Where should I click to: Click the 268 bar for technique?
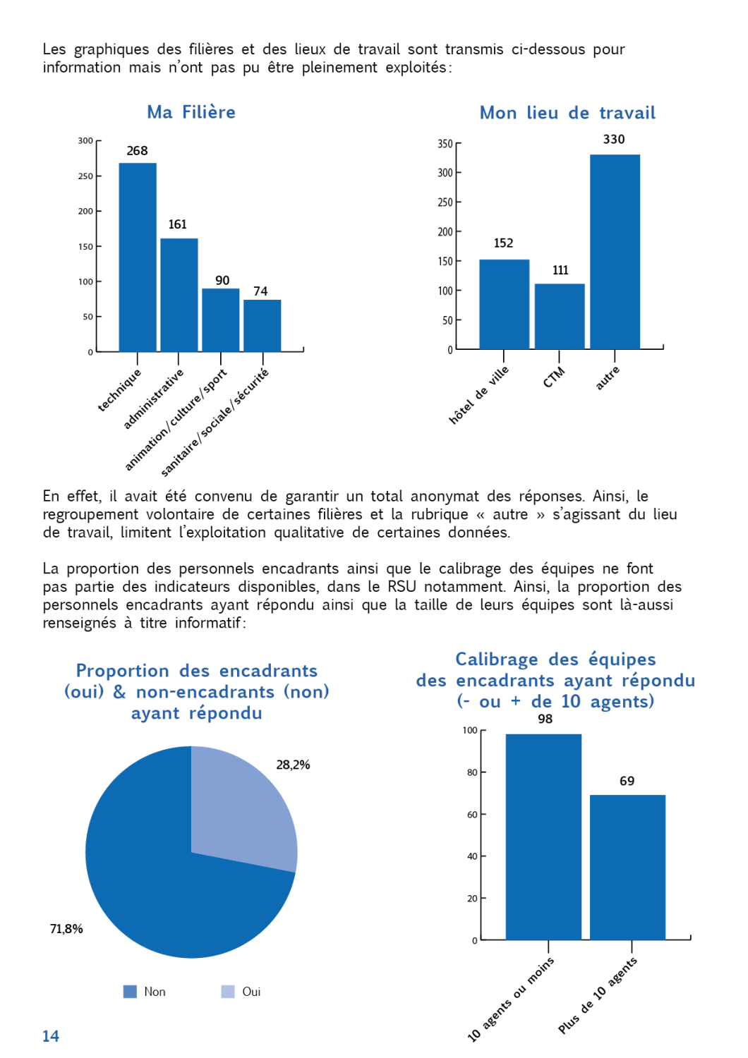[138, 257]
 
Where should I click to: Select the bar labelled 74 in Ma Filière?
[263, 326]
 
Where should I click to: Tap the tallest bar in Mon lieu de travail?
[615, 252]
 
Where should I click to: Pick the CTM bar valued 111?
[560, 316]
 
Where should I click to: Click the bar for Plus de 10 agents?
[627, 868]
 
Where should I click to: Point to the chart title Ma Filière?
[191, 112]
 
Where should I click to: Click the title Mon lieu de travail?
[567, 113]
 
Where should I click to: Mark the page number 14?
[51, 1036]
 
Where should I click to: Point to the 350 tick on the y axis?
[445, 144]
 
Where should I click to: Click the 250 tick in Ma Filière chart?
[85, 176]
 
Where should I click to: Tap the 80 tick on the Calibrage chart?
[472, 772]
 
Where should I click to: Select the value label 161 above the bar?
[177, 224]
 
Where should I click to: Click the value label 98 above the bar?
[545, 719]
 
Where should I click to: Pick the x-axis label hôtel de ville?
[479, 396]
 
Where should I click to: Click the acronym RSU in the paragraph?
[402, 587]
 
